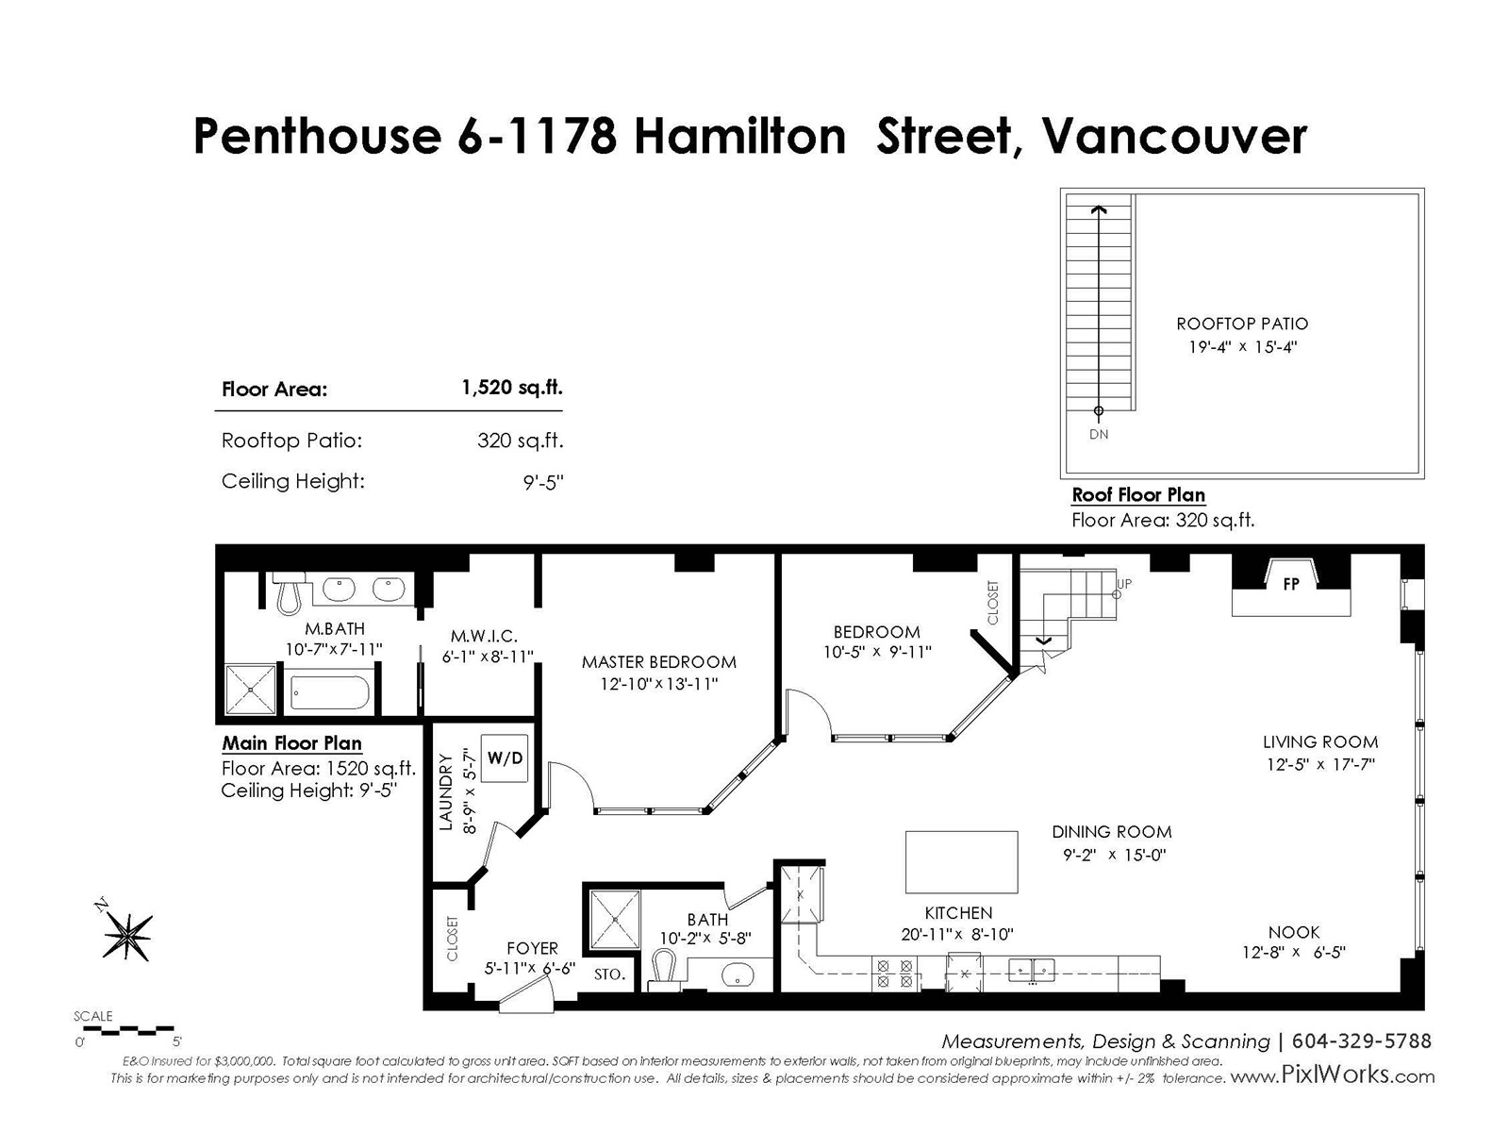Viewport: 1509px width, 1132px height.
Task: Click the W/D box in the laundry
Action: pos(505,758)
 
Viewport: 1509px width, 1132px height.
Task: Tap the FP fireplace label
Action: pos(1291,584)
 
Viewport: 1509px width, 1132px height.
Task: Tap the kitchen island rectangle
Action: pos(961,862)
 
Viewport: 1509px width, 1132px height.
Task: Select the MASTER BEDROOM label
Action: pos(658,662)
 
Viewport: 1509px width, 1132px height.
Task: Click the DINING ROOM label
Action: pos(1112,832)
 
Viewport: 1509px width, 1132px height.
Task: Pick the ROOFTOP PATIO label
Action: pos(1241,324)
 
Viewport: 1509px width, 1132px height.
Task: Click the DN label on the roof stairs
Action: pos(1099,434)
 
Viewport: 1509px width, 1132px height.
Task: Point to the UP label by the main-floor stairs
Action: pos(1124,584)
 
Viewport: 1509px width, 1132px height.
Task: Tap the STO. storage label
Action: pos(609,974)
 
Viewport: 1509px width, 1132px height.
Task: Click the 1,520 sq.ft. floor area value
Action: pos(511,388)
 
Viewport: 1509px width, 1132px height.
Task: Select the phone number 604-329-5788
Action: pos(1361,1040)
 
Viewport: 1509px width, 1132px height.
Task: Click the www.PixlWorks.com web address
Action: pos(1333,1075)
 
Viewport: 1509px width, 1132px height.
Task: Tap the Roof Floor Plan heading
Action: pos(1138,495)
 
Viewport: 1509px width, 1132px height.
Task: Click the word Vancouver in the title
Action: pos(1174,137)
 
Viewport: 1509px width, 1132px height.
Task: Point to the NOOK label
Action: pos(1294,932)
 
